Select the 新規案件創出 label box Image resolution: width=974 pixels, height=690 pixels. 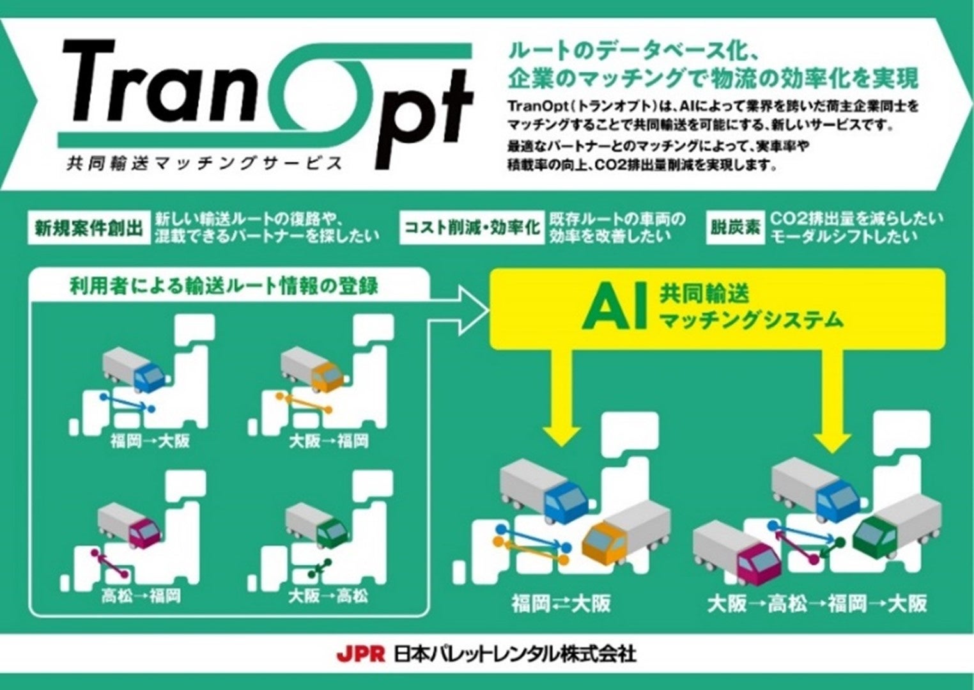coord(89,228)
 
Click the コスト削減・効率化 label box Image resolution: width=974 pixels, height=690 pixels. coord(472,228)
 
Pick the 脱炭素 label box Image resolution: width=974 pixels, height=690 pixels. coord(735,228)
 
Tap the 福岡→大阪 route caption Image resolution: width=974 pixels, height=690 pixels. coord(150,441)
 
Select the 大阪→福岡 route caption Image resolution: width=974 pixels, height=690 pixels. coord(329,441)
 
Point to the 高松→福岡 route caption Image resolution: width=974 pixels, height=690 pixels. coord(141,595)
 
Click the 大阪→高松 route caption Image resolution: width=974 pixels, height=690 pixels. coord(329,595)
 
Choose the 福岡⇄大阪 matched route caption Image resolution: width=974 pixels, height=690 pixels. coord(561,604)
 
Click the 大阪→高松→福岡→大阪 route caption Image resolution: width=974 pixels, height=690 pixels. coord(817,604)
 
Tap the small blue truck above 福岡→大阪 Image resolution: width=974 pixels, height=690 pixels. coord(134,370)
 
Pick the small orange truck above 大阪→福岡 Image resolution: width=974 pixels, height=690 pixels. coord(312,370)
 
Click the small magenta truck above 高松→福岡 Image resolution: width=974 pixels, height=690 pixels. coord(129,524)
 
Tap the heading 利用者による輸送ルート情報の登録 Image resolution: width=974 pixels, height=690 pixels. coord(224,286)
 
